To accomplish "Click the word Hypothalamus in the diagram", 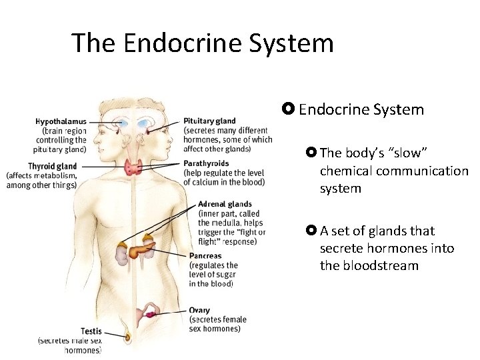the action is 61,122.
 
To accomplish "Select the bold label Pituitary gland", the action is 209,121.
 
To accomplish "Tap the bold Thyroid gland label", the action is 53,166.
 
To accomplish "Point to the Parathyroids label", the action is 206,163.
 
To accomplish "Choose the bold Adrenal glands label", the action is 225,204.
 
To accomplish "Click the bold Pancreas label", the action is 205,256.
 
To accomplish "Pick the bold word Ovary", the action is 199,310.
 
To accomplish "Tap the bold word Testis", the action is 91,331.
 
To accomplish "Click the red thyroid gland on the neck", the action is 135,166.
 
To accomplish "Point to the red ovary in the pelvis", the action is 153,313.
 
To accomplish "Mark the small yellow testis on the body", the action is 126,335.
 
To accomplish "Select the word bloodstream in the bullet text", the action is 369,265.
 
